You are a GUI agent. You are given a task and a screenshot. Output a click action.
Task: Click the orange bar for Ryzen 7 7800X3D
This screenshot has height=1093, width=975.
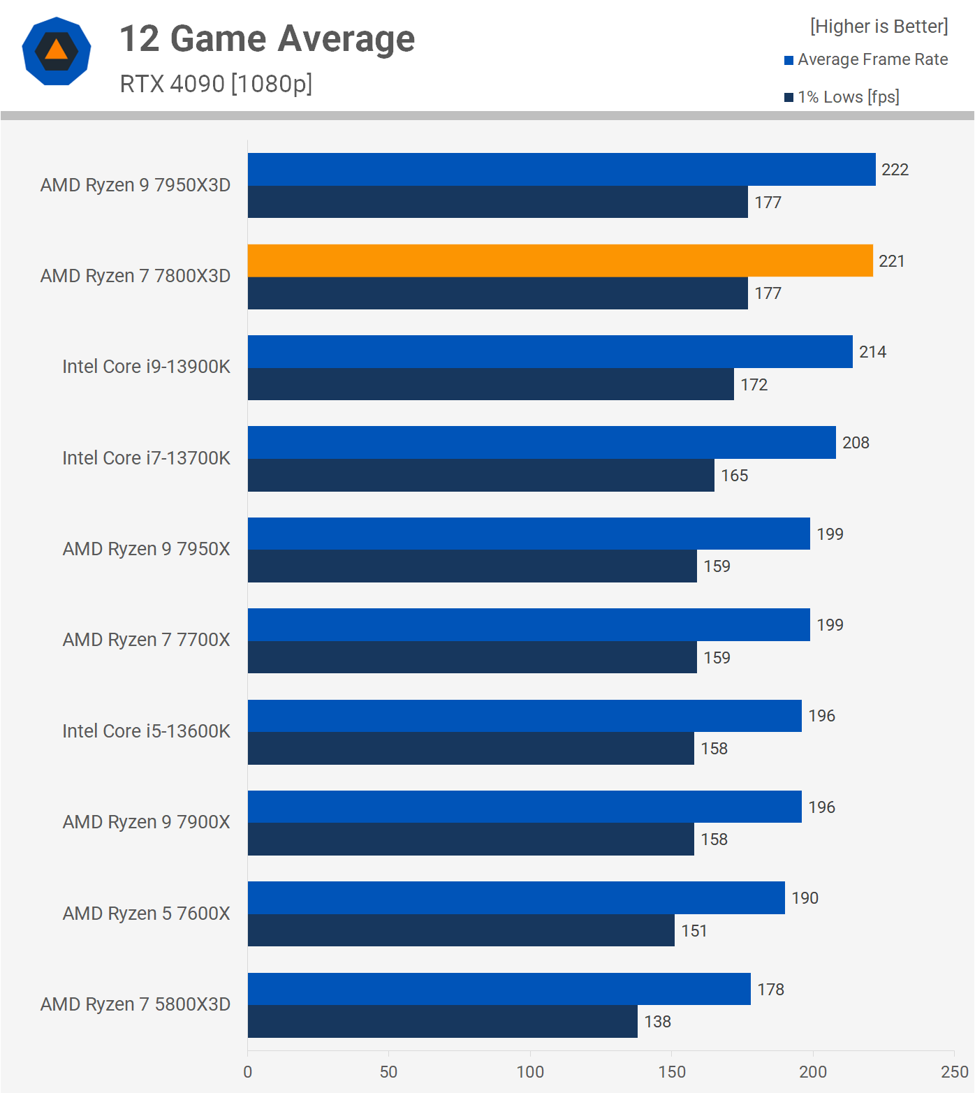(560, 261)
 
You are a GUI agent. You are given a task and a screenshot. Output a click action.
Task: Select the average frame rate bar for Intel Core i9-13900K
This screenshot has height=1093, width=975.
(550, 351)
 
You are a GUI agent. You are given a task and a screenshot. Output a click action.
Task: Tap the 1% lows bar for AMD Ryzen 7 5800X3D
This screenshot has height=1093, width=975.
(442, 1021)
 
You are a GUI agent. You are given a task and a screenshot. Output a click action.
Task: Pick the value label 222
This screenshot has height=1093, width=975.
(895, 170)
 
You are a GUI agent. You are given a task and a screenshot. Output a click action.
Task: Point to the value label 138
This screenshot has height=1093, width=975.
(657, 1022)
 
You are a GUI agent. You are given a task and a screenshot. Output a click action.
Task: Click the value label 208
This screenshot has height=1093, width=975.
(856, 443)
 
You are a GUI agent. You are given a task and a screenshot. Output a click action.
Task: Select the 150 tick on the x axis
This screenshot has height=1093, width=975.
(671, 1071)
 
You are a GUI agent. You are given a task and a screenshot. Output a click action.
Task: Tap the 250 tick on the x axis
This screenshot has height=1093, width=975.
(954, 1071)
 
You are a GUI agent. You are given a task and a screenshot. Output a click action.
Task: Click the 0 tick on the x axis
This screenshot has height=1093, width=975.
(248, 1071)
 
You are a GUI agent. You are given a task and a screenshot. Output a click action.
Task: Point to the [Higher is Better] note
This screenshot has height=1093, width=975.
(879, 27)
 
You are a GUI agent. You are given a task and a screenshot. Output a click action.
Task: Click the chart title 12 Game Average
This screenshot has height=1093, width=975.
(267, 38)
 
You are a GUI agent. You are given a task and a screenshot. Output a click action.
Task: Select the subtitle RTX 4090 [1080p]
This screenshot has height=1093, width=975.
(216, 84)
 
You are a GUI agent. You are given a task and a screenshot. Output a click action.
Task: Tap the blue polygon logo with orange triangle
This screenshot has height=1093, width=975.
(57, 51)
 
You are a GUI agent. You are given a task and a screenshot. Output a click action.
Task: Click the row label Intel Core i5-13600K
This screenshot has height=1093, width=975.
(146, 731)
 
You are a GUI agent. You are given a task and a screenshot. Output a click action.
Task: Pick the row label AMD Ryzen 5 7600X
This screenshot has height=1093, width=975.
(146, 914)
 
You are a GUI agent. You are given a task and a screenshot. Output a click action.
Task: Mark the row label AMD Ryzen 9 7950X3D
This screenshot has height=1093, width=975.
(135, 185)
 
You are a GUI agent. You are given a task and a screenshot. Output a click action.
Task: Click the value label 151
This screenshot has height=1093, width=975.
(694, 931)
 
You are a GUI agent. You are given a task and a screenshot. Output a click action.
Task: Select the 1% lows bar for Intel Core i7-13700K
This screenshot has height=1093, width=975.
(481, 475)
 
